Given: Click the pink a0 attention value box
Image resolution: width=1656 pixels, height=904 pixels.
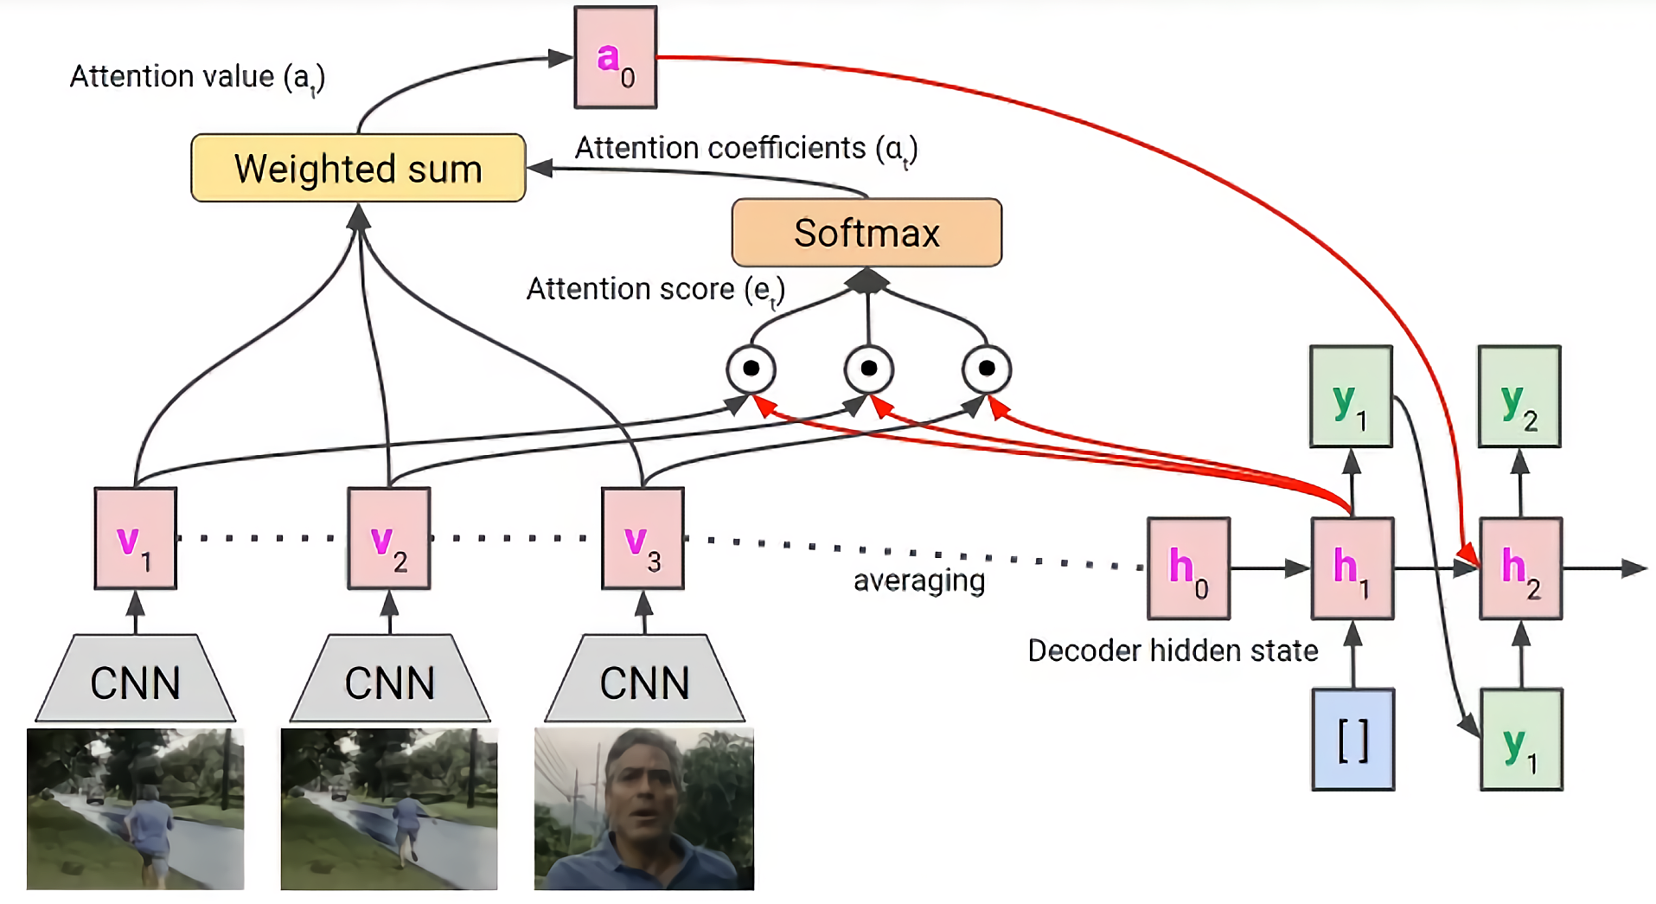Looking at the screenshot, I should [x=615, y=57].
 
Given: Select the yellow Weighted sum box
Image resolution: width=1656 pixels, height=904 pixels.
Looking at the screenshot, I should [x=358, y=168].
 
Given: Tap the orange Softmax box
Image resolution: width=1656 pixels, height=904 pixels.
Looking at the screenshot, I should [x=866, y=233].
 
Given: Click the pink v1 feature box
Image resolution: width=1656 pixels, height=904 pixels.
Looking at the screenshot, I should [x=135, y=538].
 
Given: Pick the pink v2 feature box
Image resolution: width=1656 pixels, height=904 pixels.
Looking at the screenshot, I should [x=389, y=538].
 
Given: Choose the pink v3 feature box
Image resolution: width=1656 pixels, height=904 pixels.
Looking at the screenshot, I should [x=643, y=538].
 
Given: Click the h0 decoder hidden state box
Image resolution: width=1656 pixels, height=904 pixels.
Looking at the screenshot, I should [x=1188, y=568].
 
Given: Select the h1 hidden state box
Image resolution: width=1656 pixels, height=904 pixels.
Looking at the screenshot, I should [x=1352, y=568].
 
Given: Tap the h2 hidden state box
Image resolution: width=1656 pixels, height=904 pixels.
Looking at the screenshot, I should [x=1520, y=568].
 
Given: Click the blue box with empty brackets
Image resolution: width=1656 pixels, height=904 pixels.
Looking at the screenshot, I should [x=1352, y=740].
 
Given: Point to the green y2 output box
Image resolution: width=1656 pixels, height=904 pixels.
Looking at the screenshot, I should [x=1519, y=396].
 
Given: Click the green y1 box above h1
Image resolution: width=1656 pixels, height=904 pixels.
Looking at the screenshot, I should [x=1351, y=396].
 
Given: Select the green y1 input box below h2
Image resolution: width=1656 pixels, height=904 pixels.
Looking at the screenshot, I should [x=1521, y=740].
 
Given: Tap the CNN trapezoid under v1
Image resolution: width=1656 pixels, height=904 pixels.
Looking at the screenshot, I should [x=135, y=681].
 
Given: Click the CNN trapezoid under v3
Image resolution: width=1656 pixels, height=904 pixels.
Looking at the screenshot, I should [x=644, y=681].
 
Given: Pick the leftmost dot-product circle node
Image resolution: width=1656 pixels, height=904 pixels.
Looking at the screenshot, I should [x=751, y=369].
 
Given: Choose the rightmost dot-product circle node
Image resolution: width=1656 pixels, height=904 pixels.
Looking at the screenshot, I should [x=986, y=369].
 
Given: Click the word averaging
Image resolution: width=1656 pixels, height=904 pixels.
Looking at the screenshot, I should [x=919, y=580].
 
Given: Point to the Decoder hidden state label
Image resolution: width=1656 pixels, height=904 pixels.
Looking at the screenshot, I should [x=1173, y=651].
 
